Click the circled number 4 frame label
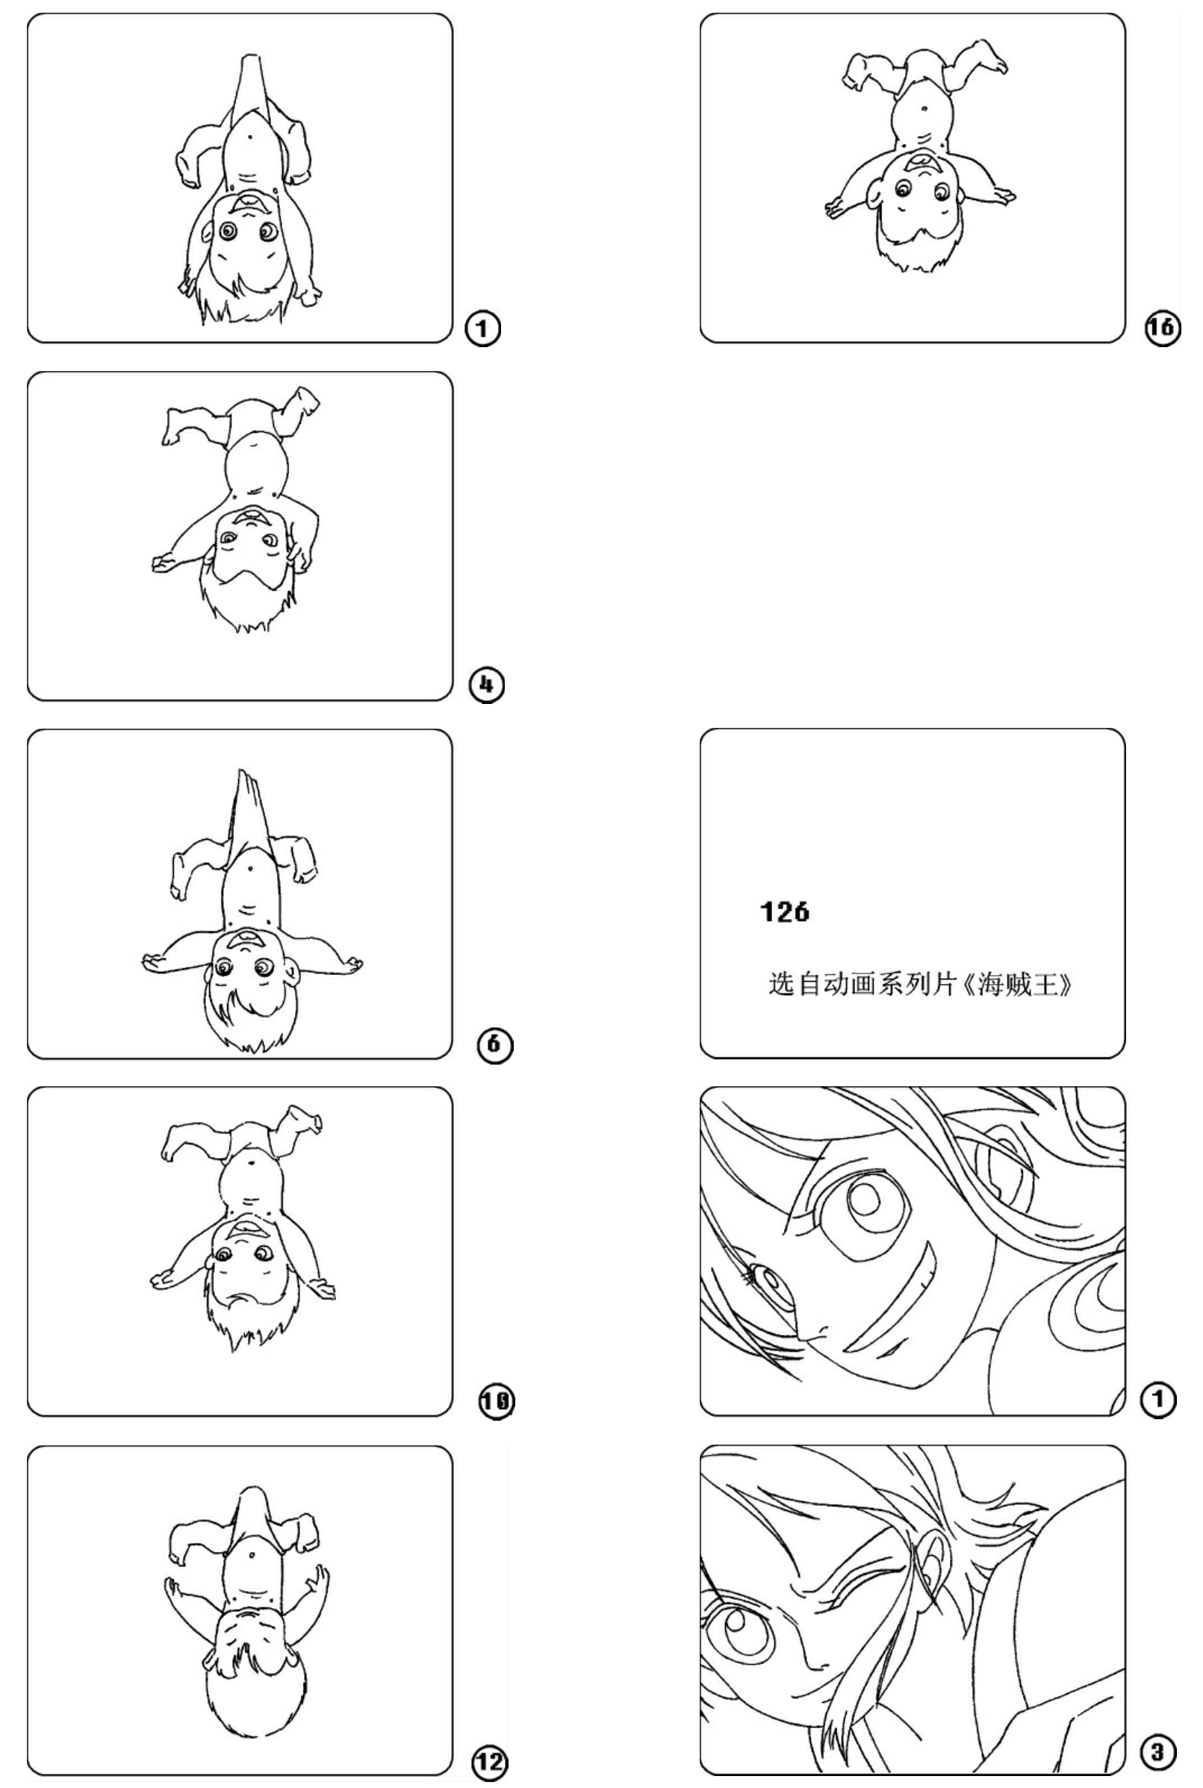(x=487, y=684)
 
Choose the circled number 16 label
(x=1163, y=328)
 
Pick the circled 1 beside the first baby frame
(x=482, y=329)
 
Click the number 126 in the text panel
(x=784, y=912)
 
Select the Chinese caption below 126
(x=920, y=984)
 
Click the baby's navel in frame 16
(x=924, y=108)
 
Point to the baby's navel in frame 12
(x=252, y=1557)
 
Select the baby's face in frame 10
(x=246, y=1252)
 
